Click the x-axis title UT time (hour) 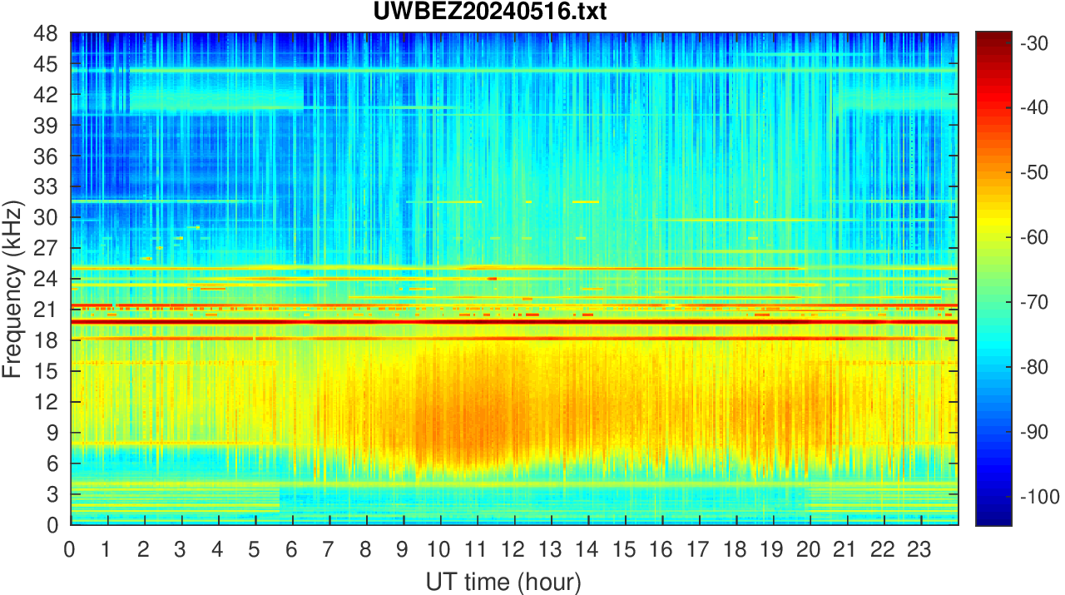pos(503,581)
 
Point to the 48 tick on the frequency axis pos(46,34)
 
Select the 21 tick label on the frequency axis pos(46,310)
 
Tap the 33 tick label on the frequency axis pos(46,186)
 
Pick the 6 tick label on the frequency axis pos(52,464)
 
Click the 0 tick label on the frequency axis pos(52,524)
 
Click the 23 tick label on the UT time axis pos(921,549)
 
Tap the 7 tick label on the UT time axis pos(329,549)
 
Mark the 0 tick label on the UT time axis pos(71,549)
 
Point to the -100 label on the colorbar pos(1039,497)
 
